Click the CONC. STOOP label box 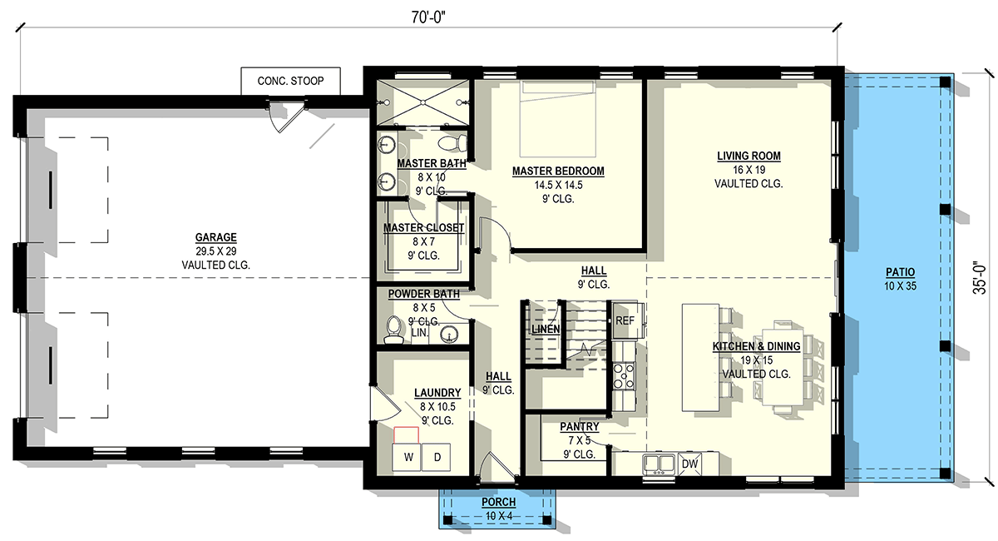(x=290, y=81)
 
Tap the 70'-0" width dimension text (x=428, y=17)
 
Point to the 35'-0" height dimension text (x=980, y=277)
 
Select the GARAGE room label (x=215, y=237)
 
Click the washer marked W (x=407, y=457)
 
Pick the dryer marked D (x=436, y=457)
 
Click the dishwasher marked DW (x=689, y=464)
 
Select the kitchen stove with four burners (x=624, y=376)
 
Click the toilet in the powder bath (x=394, y=330)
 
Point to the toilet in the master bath (x=452, y=143)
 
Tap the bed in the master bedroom (x=558, y=119)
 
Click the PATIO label (x=900, y=272)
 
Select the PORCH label (x=498, y=502)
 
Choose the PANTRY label (x=579, y=427)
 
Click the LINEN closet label (x=546, y=329)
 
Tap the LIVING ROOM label (x=748, y=156)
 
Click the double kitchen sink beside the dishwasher (x=659, y=464)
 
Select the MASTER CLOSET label (x=423, y=228)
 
